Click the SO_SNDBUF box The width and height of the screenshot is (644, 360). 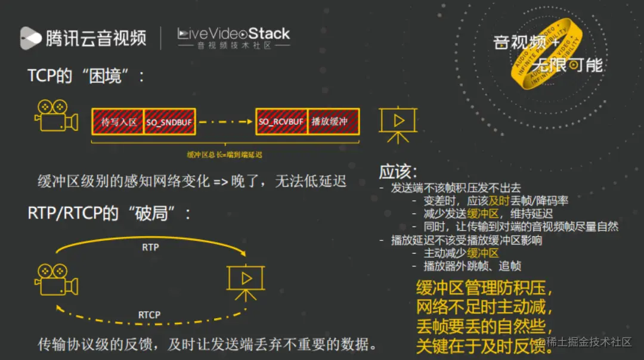(x=169, y=122)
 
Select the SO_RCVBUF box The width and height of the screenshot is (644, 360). (x=281, y=122)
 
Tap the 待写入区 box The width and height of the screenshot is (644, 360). (x=118, y=122)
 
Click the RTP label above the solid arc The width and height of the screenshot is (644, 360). (x=150, y=247)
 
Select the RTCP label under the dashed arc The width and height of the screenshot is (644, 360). (x=149, y=315)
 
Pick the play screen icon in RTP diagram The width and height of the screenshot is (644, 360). (x=245, y=280)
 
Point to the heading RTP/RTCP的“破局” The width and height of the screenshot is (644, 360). (x=109, y=213)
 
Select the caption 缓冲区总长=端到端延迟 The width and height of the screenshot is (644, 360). (x=225, y=154)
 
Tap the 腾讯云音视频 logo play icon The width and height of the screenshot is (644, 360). (x=30, y=38)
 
